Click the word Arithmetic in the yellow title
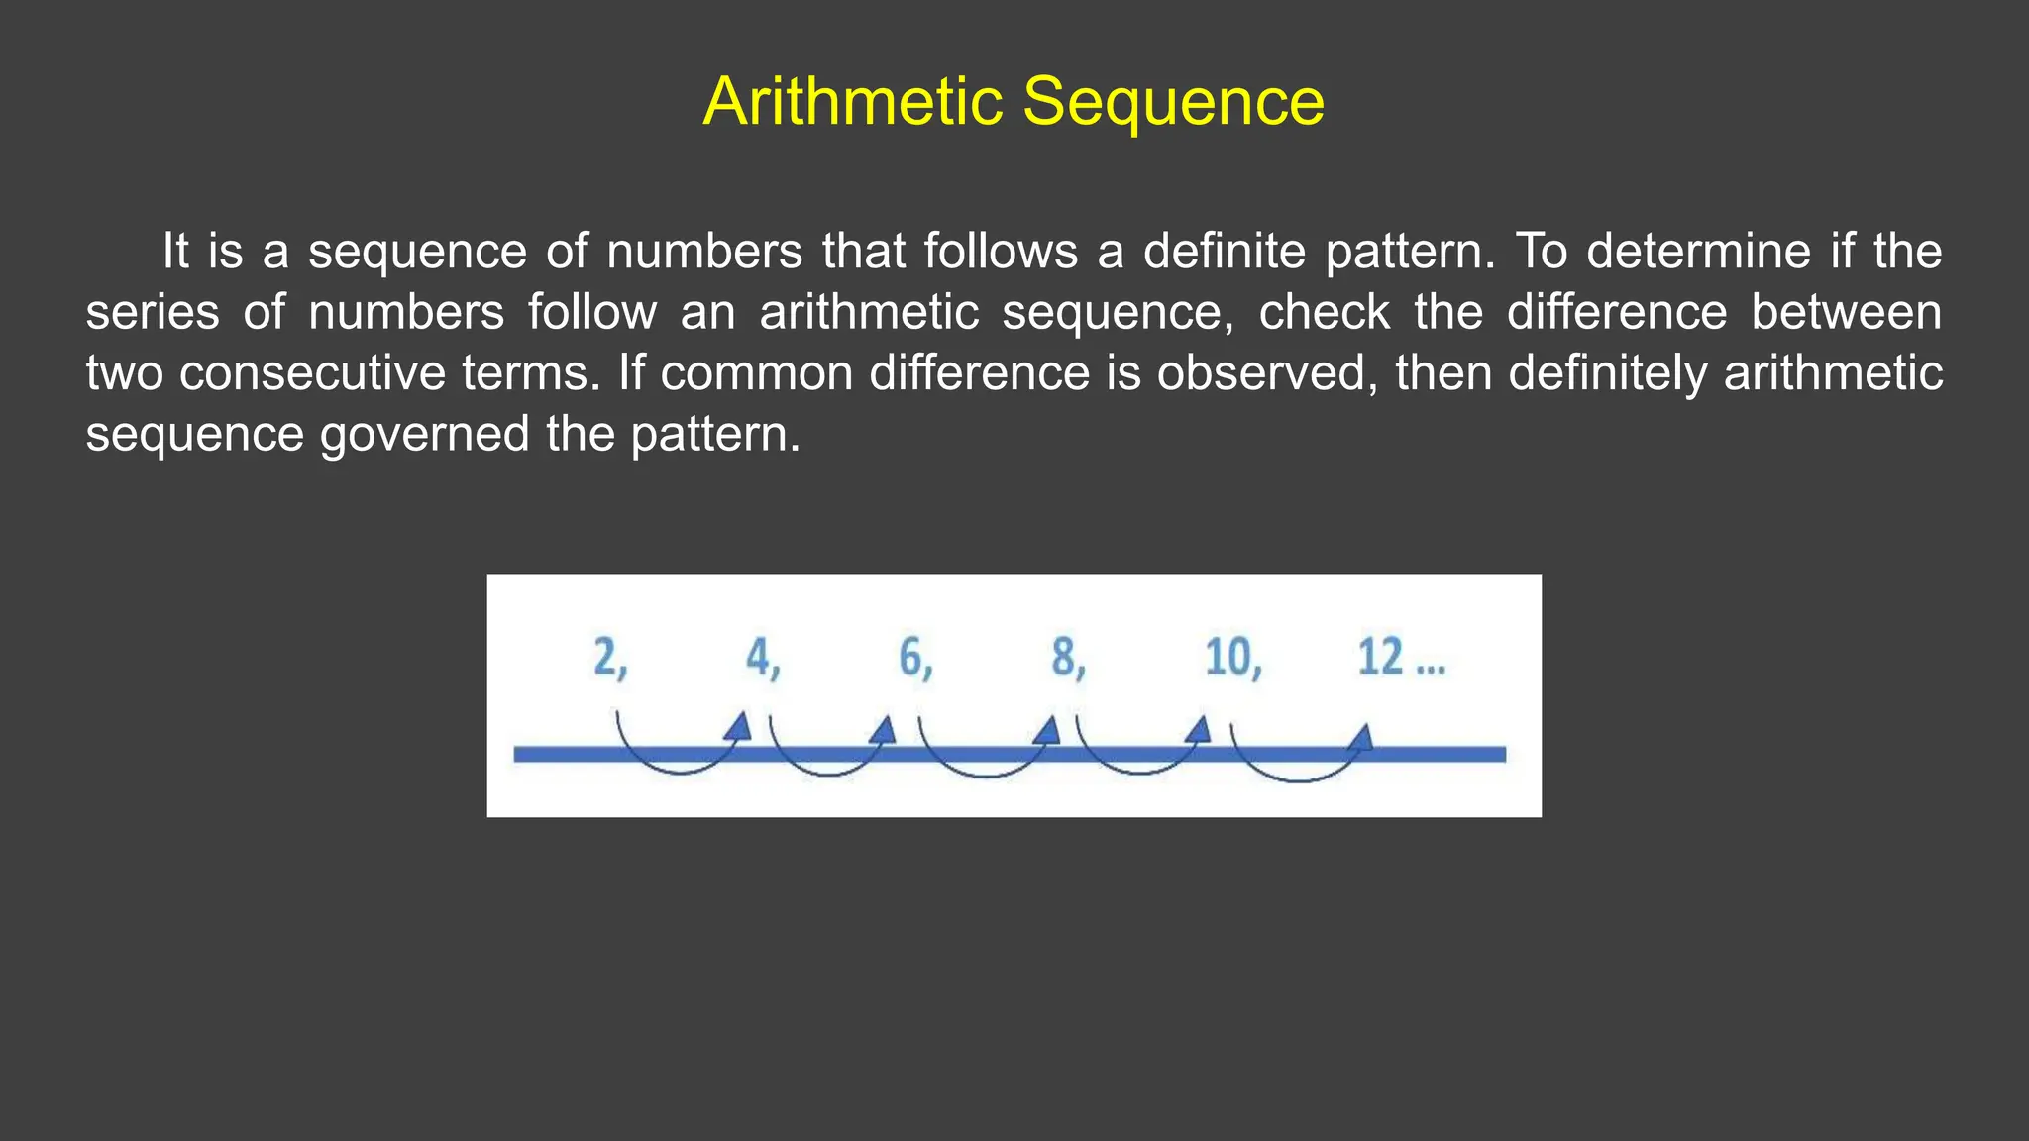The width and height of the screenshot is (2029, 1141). (x=853, y=101)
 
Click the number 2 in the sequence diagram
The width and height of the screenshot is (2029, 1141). (x=605, y=657)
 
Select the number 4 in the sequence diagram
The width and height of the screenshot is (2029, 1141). (x=759, y=657)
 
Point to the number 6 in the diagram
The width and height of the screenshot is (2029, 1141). (x=911, y=657)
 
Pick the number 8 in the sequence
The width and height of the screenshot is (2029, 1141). (x=1064, y=657)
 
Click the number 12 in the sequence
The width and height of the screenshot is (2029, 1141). (x=1381, y=657)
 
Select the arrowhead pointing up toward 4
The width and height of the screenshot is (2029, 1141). (x=738, y=727)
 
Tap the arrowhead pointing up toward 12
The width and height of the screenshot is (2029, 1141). (x=1362, y=737)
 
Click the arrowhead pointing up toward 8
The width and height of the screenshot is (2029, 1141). (x=1047, y=731)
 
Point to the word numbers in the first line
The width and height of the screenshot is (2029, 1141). (x=704, y=252)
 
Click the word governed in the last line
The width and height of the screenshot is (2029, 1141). (x=425, y=435)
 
